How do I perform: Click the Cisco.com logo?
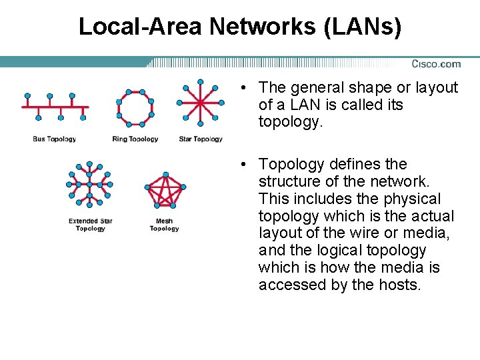(436, 64)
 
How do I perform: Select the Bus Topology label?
(55, 139)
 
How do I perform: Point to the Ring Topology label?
(135, 139)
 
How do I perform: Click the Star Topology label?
(201, 139)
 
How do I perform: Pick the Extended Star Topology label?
(91, 225)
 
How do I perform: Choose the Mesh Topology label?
(164, 225)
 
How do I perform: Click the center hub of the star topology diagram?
(200, 103)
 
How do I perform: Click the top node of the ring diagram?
(135, 89)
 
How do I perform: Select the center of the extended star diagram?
(89, 184)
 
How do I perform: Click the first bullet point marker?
(245, 88)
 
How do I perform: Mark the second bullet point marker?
(245, 165)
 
